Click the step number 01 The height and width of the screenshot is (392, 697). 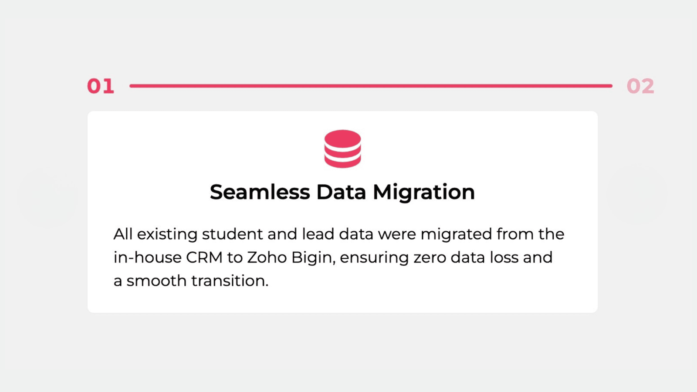[101, 86]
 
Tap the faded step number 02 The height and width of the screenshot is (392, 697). [640, 86]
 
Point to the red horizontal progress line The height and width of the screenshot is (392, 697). [371, 85]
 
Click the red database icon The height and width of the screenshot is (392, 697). [342, 149]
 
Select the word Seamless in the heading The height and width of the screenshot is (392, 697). [260, 192]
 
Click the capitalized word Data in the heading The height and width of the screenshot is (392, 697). [341, 192]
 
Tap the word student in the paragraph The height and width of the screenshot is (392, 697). [233, 234]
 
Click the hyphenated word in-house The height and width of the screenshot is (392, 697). [148, 257]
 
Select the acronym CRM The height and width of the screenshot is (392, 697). [204, 257]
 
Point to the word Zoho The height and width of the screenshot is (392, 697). [267, 257]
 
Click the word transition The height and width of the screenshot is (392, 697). [230, 281]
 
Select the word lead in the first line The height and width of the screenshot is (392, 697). [318, 234]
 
